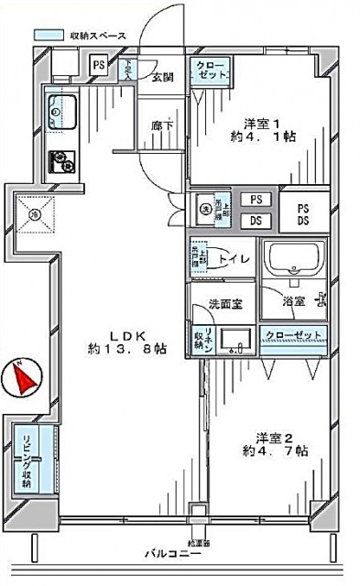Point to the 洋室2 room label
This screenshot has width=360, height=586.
266,435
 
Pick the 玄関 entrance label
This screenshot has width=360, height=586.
163,76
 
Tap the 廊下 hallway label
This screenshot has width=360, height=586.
161,125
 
